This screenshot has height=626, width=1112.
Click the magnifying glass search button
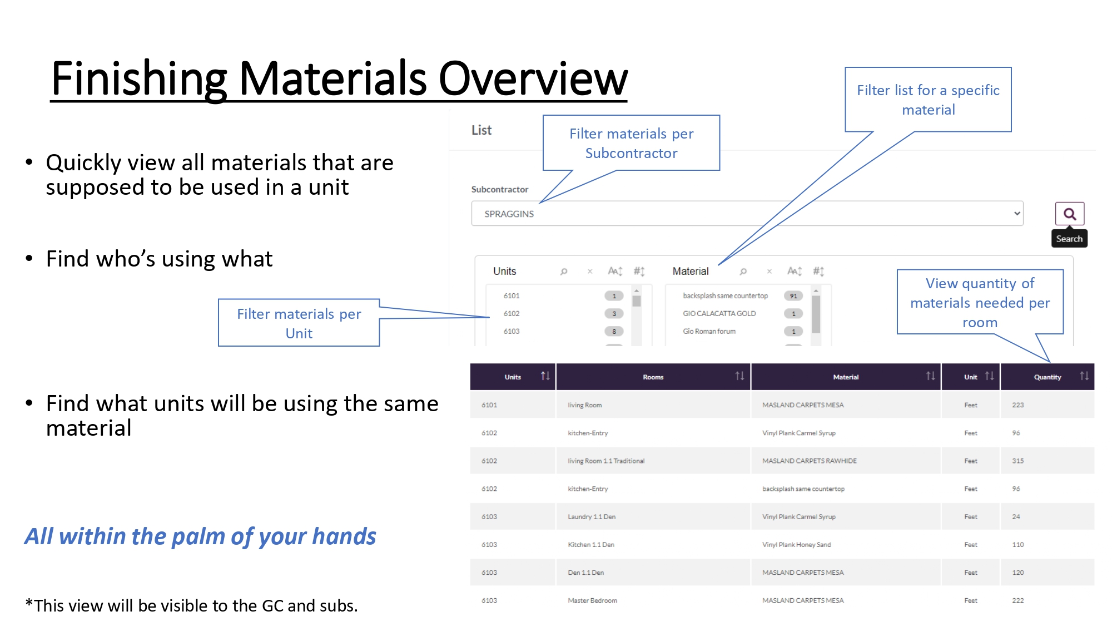[1069, 214]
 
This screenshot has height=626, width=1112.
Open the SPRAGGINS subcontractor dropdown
[747, 214]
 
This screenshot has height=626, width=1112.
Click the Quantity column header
[1048, 377]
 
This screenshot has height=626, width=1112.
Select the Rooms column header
[653, 377]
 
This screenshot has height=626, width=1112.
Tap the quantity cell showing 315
[1018, 461]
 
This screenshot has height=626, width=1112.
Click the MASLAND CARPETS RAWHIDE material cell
[810, 461]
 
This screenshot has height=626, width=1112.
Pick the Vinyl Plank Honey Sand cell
[796, 545]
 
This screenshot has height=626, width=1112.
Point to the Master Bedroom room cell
[592, 600]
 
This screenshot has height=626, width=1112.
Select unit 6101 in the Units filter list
[512, 296]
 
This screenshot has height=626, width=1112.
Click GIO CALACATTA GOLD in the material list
[719, 314]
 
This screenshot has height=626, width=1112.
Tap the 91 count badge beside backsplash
[793, 296]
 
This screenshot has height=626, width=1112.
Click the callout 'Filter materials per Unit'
[299, 323]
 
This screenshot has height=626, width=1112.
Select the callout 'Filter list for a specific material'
[928, 100]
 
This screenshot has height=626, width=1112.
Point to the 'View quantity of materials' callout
[980, 302]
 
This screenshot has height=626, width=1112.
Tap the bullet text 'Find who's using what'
[159, 259]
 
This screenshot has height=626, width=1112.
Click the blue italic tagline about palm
[200, 536]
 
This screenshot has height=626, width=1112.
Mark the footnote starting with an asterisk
[191, 605]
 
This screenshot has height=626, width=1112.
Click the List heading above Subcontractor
[481, 130]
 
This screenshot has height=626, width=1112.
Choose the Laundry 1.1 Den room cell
[592, 517]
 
